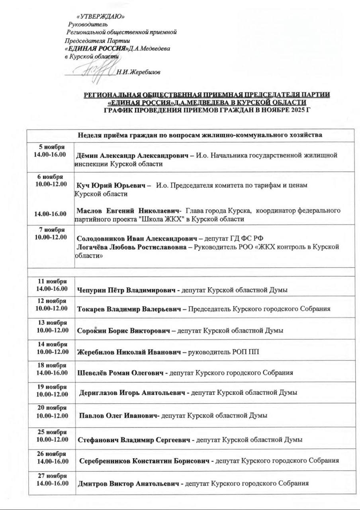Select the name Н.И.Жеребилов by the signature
click(139, 72)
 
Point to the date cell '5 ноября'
click(51, 147)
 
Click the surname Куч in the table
click(84, 186)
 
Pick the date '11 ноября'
click(51, 281)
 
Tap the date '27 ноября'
click(52, 476)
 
